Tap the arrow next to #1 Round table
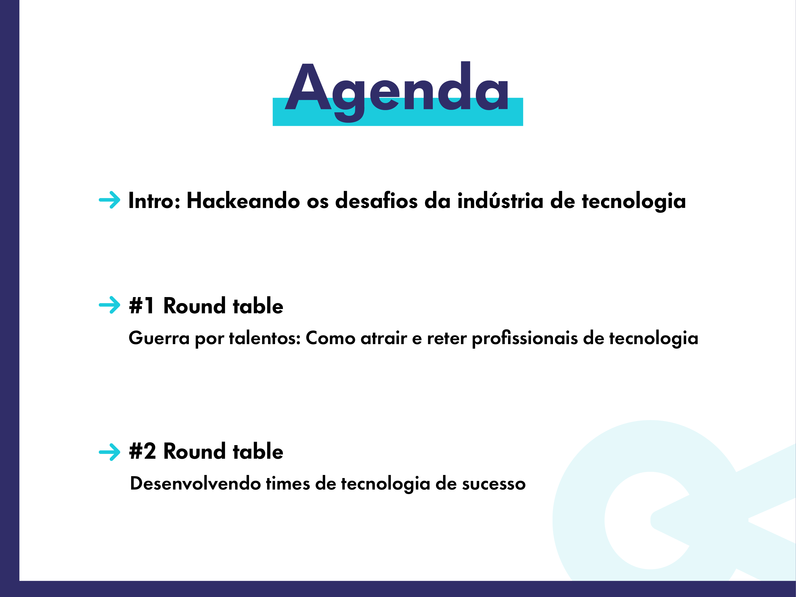[109, 305]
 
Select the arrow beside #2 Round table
[109, 452]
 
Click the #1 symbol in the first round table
[142, 306]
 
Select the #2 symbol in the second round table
[143, 451]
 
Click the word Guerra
[159, 338]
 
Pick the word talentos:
[265, 338]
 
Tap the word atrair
[384, 338]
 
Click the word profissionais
[525, 339]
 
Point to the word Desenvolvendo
[195, 483]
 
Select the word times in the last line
[288, 483]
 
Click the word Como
[331, 338]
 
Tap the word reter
[446, 339]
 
